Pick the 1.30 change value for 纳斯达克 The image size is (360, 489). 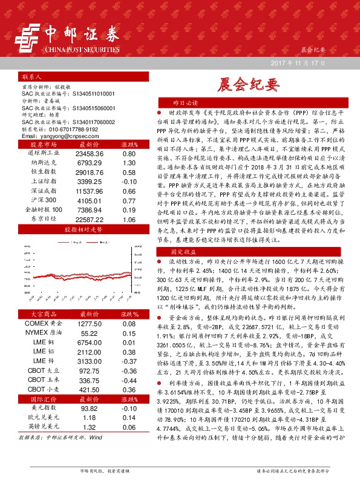pos(128,163)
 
